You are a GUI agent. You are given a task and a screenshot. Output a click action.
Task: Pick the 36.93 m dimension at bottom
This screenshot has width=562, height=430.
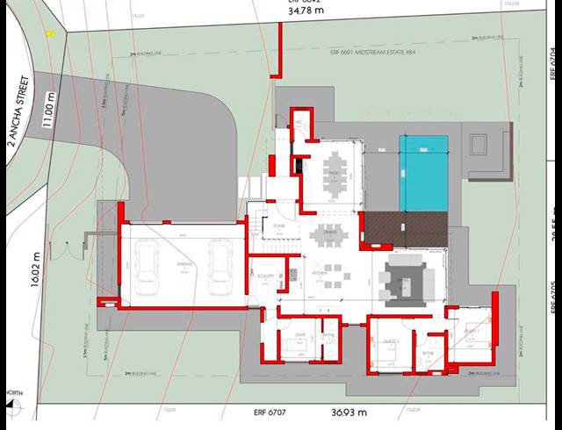348,411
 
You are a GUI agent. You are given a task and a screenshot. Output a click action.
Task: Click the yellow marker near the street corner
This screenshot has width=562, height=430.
50,33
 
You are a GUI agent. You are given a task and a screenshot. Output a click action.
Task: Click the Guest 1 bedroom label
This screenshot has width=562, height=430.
472,331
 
